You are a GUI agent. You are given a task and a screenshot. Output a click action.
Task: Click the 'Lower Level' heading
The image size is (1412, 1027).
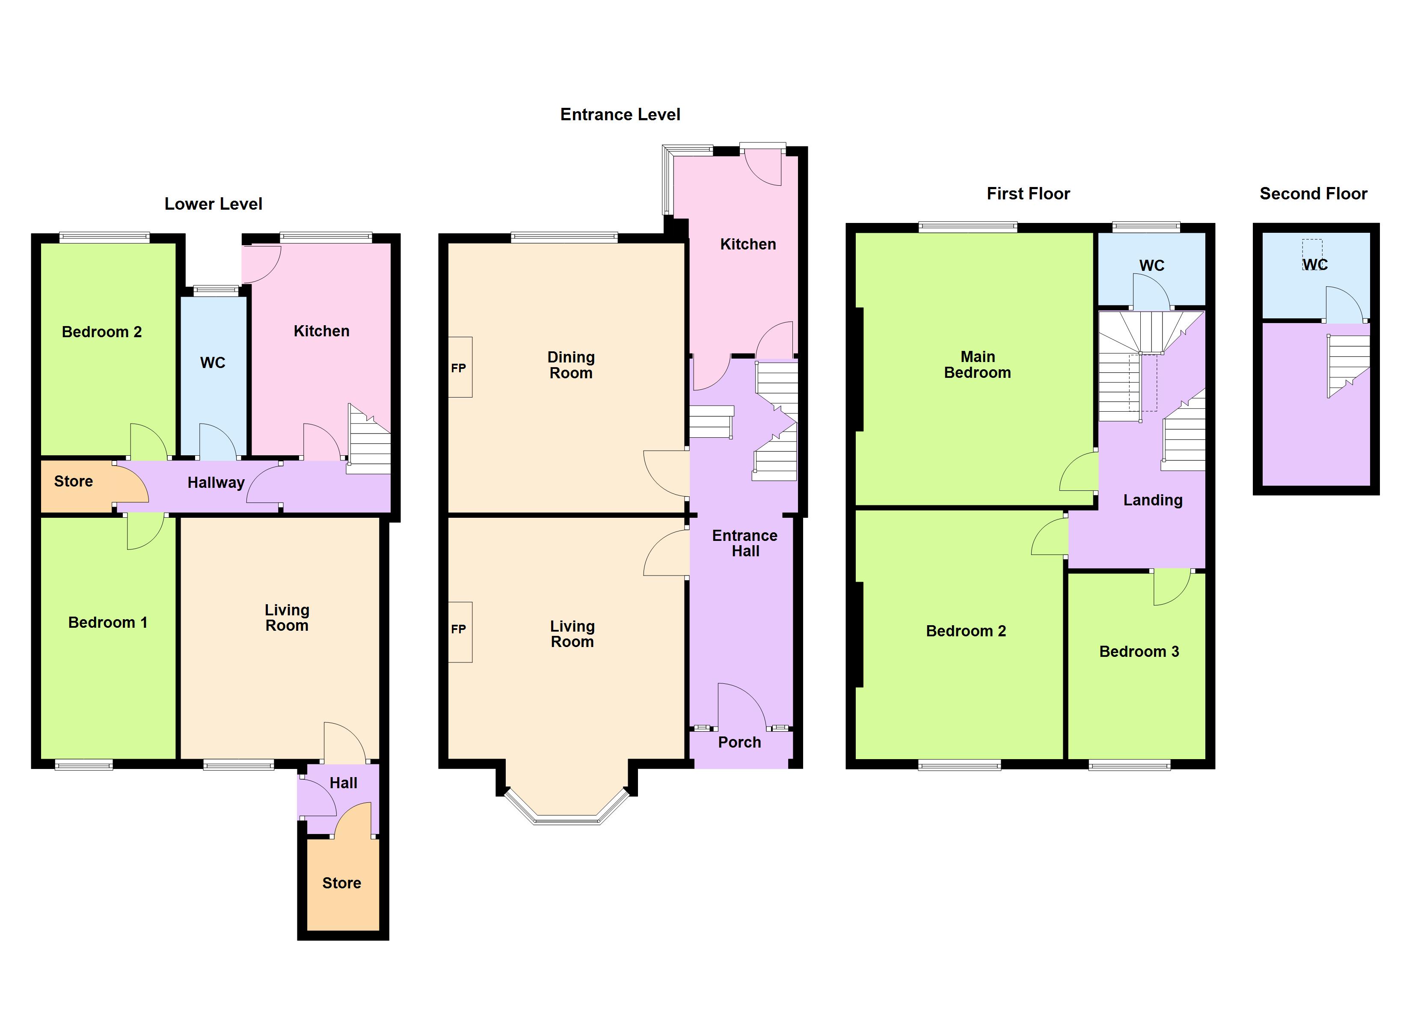click(x=213, y=204)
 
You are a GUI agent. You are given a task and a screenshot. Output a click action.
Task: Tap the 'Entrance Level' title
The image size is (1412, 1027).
click(x=620, y=115)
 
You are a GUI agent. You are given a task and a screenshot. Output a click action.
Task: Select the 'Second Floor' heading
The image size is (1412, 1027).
click(x=1313, y=194)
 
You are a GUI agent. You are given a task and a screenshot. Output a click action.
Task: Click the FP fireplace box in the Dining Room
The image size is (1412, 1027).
click(x=460, y=368)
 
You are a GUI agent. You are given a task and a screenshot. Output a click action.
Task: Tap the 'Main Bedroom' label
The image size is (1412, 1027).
click(x=977, y=365)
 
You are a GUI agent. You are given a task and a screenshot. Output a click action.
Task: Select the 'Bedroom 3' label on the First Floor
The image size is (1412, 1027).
click(x=1139, y=651)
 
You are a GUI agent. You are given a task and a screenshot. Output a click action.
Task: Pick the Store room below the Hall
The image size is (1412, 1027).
click(x=342, y=883)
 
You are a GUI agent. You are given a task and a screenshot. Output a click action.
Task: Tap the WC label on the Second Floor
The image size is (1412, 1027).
click(x=1315, y=265)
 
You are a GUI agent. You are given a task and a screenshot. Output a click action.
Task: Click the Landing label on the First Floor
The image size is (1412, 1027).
click(x=1152, y=500)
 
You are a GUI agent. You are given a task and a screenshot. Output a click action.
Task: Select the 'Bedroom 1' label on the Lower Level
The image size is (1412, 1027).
click(x=108, y=623)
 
